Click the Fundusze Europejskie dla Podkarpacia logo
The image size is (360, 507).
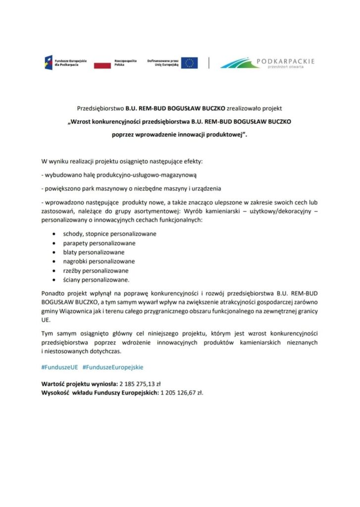pos(65,63)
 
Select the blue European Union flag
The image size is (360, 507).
pos(189,63)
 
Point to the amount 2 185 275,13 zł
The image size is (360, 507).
pos(144,385)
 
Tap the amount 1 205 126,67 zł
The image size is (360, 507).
pos(182,393)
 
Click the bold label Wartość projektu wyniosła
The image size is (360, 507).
pos(79,385)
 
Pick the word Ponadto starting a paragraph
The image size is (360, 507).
pos(52,292)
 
